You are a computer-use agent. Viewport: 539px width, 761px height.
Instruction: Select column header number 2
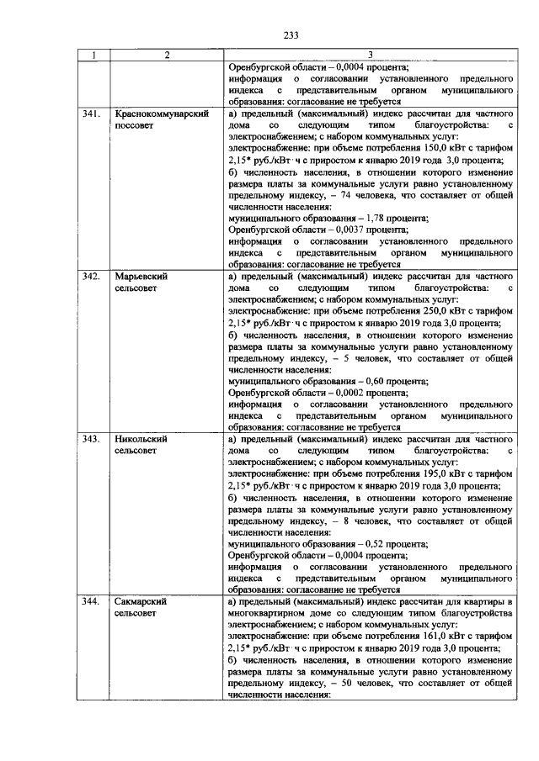coord(167,56)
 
